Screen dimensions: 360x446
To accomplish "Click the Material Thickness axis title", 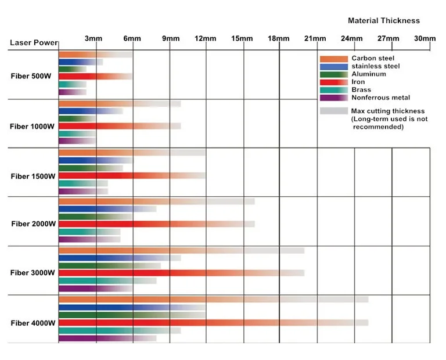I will click(383, 20).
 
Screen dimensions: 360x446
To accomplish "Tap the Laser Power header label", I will click(34, 43).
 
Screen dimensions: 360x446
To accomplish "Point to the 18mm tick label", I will click(278, 39).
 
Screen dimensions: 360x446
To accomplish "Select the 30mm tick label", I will click(425, 39).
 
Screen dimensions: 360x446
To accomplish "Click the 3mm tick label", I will click(93, 39).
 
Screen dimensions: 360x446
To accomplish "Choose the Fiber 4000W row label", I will click(33, 323).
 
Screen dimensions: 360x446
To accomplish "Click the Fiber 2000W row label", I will click(33, 224).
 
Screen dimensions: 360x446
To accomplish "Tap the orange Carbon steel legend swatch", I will click(333, 59).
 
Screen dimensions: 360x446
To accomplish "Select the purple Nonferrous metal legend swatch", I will click(333, 98).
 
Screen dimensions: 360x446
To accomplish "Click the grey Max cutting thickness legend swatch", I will click(333, 110).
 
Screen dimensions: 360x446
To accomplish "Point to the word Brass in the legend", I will click(361, 90).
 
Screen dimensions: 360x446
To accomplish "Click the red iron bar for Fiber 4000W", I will click(174, 323).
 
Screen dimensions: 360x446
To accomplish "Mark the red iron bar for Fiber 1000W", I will click(105, 126).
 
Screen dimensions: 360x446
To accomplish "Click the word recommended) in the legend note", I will click(379, 127).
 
